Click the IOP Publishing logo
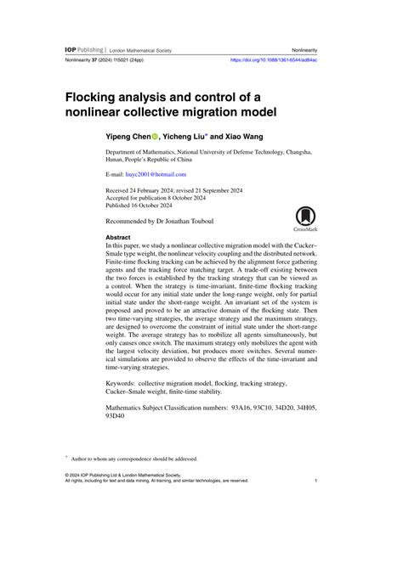(x=86, y=50)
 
